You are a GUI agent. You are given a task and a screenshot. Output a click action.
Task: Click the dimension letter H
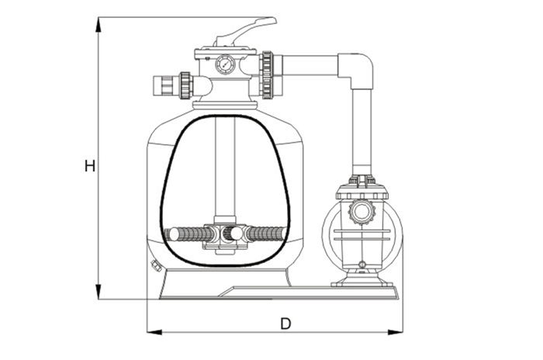click(x=90, y=165)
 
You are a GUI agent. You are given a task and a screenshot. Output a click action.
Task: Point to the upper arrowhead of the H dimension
click(x=99, y=24)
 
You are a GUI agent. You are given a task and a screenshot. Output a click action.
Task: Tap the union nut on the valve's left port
click(x=185, y=85)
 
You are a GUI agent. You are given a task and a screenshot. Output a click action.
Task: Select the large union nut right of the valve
click(x=268, y=75)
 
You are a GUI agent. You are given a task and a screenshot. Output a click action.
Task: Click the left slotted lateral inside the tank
click(x=185, y=234)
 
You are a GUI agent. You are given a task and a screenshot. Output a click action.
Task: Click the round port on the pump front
click(x=362, y=211)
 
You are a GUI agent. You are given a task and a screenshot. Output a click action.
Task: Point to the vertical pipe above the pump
click(x=361, y=132)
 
